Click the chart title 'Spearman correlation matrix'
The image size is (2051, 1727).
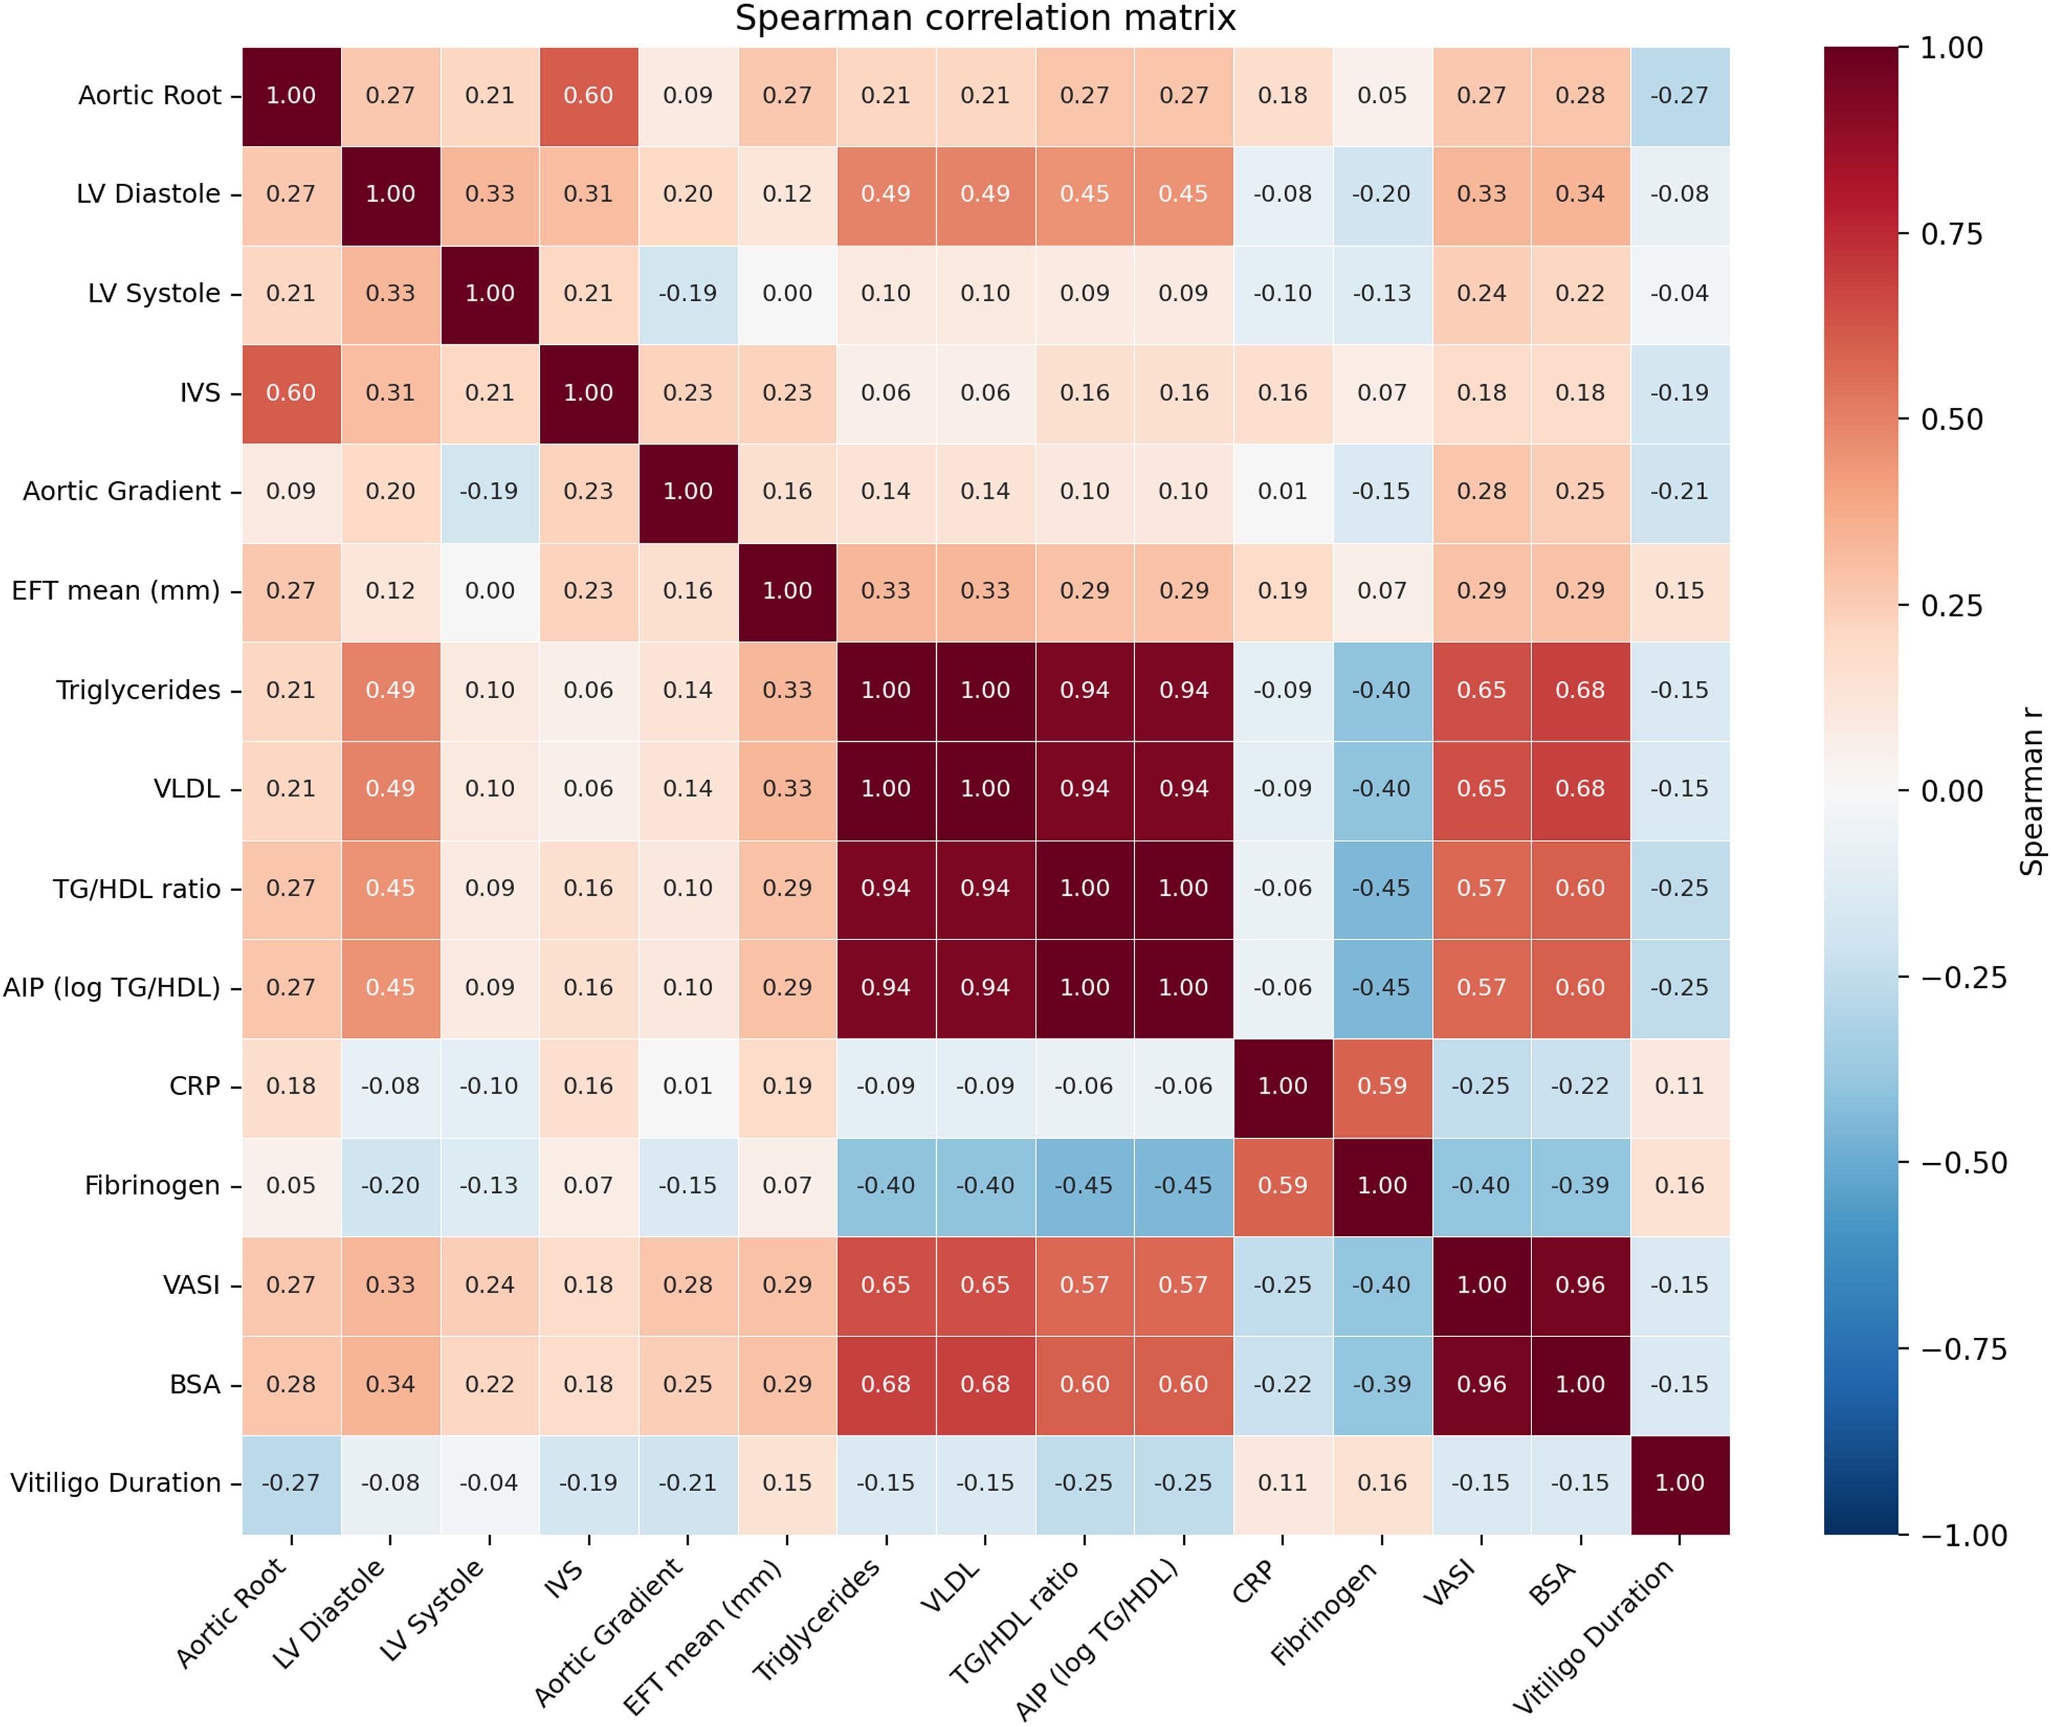985,18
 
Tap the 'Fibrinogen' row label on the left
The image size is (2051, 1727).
152,1186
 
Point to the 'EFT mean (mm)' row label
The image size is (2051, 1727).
115,591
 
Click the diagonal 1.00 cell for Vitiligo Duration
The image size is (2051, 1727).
1680,1483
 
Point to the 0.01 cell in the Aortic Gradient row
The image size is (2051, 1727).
1283,492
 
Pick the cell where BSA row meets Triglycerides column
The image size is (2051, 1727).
886,1384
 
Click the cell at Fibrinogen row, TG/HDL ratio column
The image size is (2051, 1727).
1085,1186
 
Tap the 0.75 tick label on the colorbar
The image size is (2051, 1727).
1951,234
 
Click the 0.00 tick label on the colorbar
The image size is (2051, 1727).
1951,791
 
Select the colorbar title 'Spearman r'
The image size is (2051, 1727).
2033,791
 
